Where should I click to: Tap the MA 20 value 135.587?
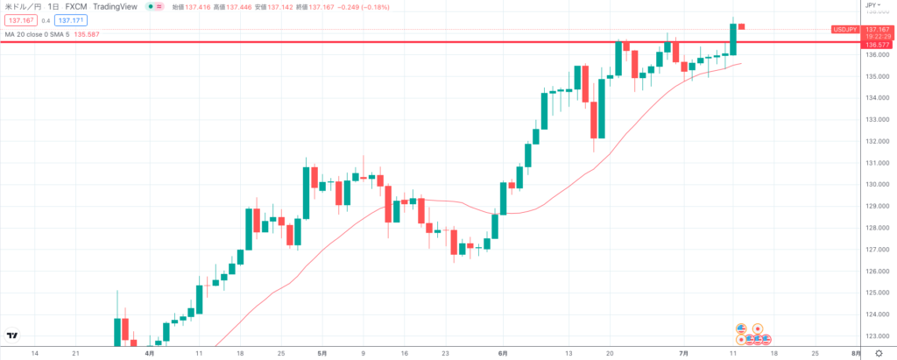[104, 34]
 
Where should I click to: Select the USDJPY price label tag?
[844, 29]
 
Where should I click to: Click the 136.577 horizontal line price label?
[877, 44]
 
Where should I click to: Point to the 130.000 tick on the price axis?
[877, 185]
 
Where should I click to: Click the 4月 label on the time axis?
[149, 353]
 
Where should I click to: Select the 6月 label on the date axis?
[502, 353]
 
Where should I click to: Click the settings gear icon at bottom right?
[879, 352]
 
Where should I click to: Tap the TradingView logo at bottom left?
[12, 335]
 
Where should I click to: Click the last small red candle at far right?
[742, 26]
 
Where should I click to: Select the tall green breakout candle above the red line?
[732, 39]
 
